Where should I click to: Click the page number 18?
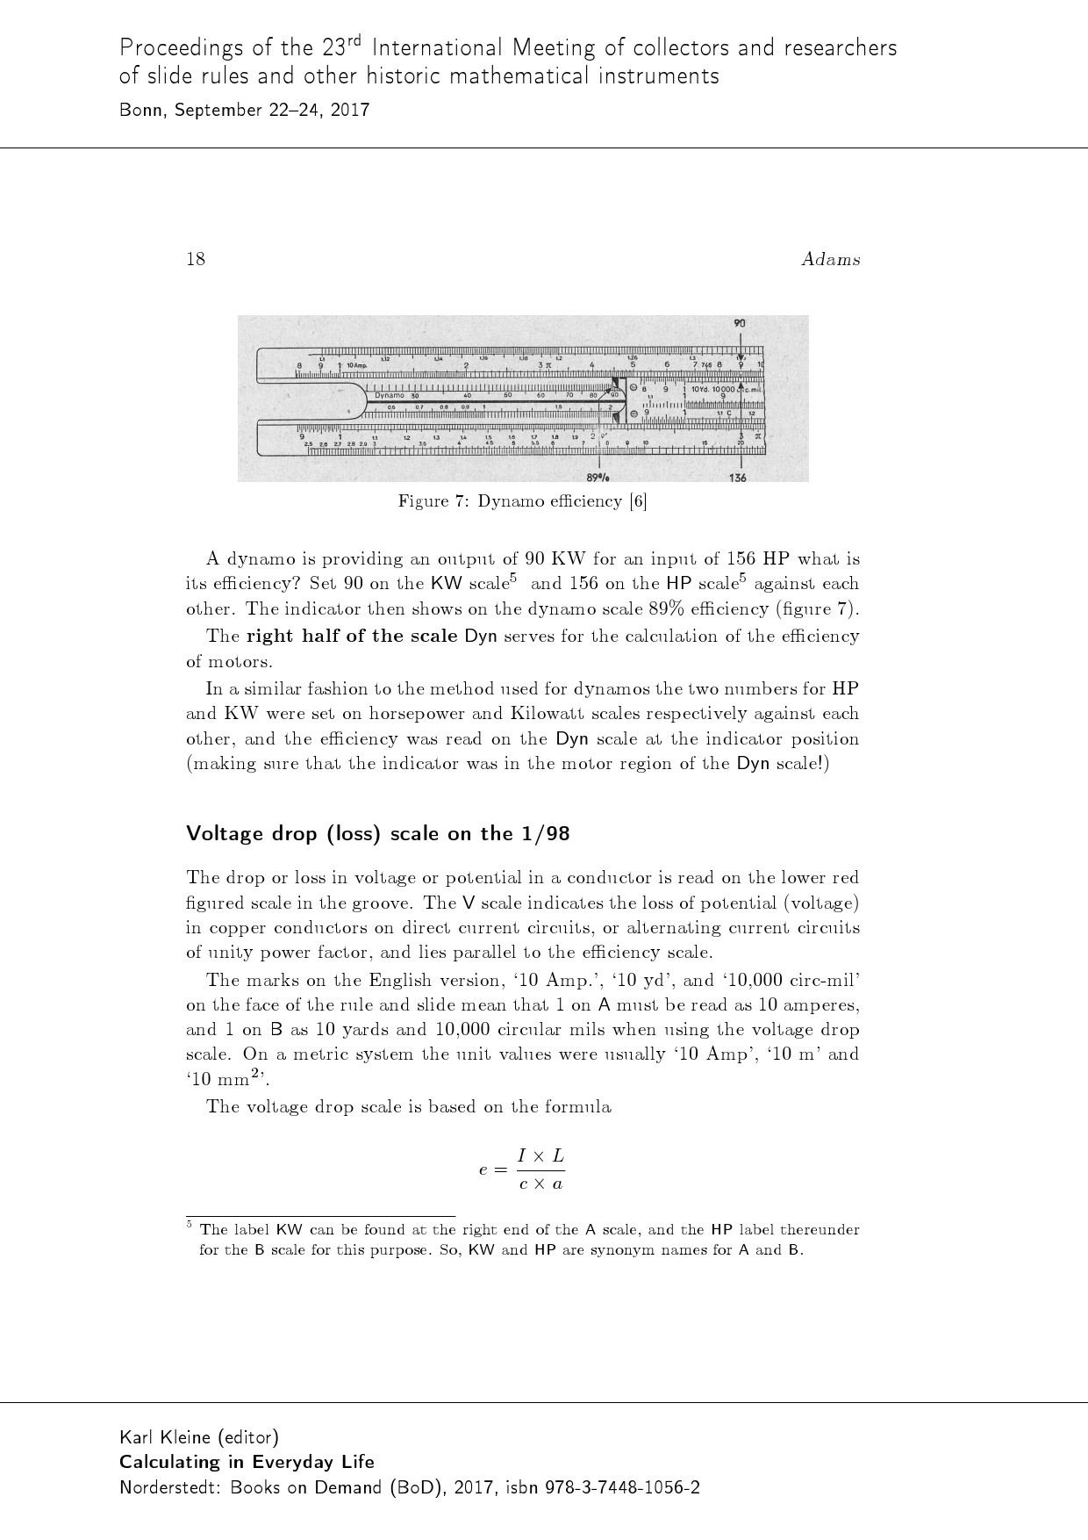(x=196, y=259)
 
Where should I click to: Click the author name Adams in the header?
(x=830, y=259)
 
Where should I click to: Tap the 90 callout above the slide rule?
(x=740, y=324)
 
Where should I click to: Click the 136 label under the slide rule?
(x=738, y=477)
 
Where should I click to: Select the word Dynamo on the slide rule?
(x=390, y=396)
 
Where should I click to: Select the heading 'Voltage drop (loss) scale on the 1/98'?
(x=378, y=833)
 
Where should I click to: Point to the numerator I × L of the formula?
(x=540, y=1155)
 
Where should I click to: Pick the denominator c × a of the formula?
(x=540, y=1184)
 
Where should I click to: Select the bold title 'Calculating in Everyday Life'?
(x=247, y=1462)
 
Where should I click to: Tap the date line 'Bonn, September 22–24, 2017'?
(x=244, y=111)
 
